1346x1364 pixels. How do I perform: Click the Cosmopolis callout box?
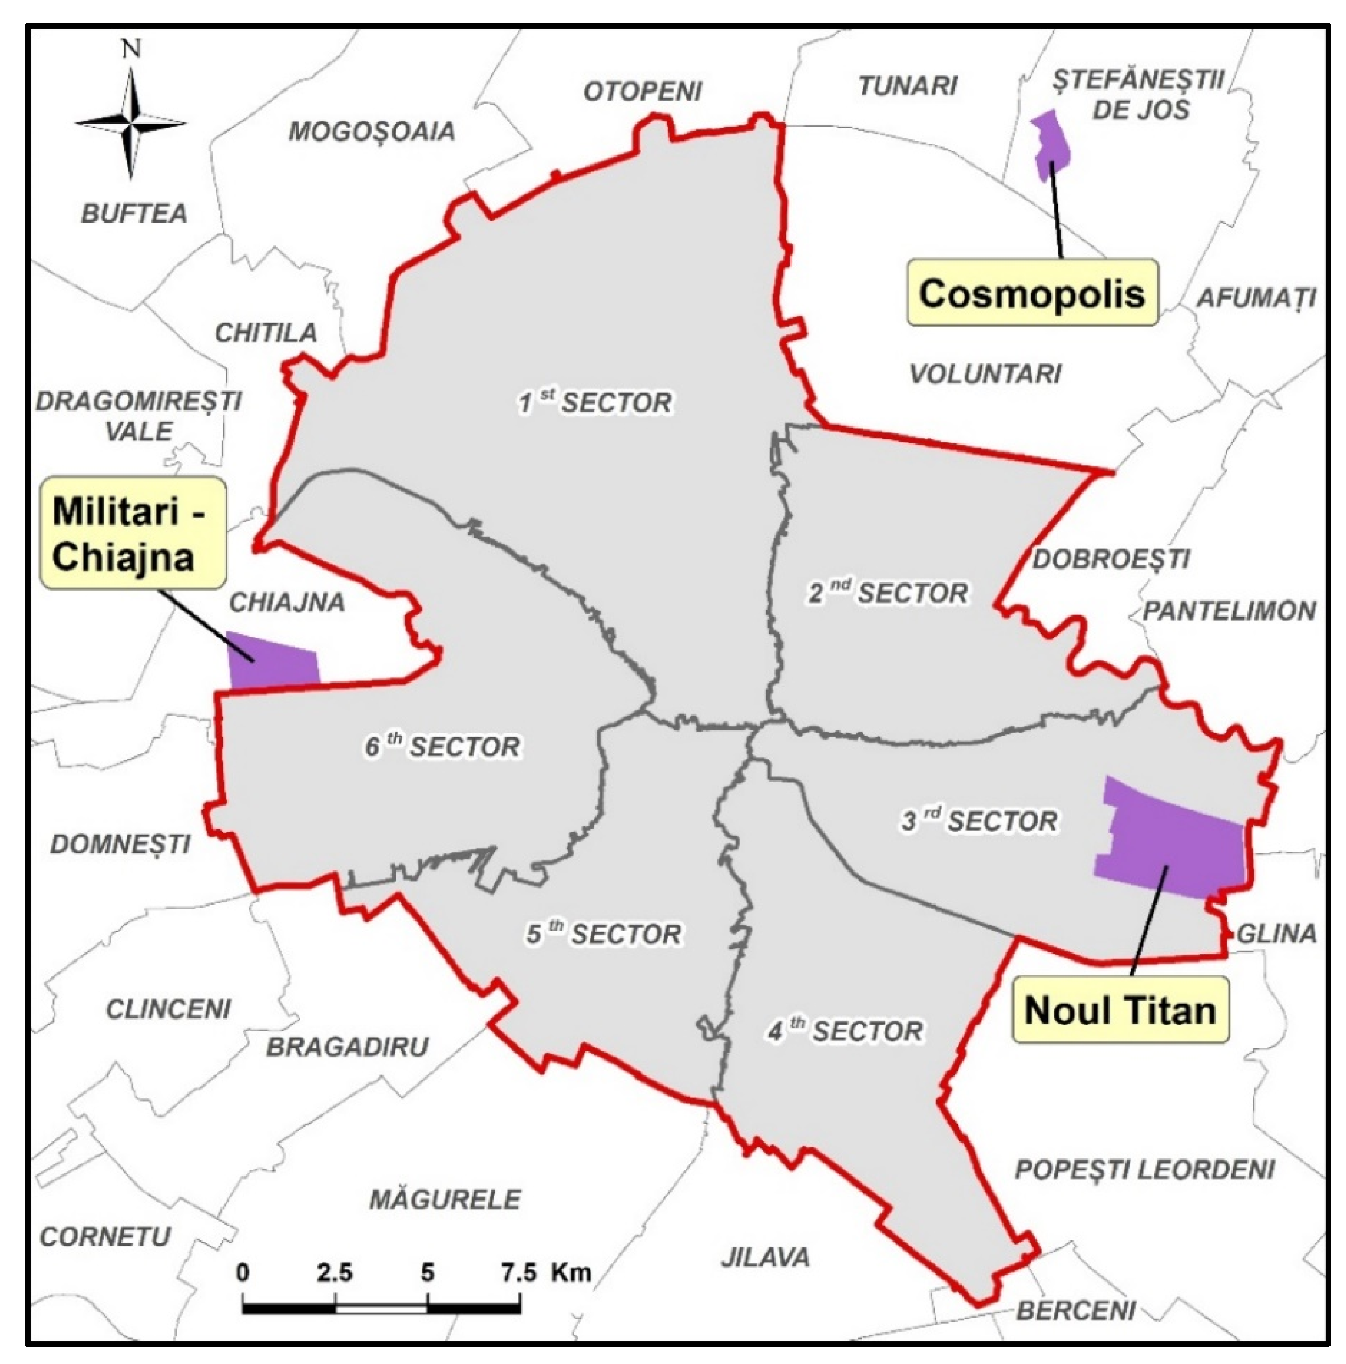pyautogui.click(x=1031, y=293)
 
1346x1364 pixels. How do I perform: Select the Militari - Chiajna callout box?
pyautogui.click(x=132, y=534)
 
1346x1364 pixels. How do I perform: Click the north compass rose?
pyautogui.click(x=130, y=124)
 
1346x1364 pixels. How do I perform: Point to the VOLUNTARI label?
pyautogui.click(x=985, y=374)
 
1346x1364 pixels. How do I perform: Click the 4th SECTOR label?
pyautogui.click(x=845, y=1031)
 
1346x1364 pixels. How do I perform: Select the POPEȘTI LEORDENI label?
pyautogui.click(x=1144, y=1170)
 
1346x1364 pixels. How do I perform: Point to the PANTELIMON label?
pyautogui.click(x=1229, y=611)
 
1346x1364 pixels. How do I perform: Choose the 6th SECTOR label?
pyautogui.click(x=442, y=746)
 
